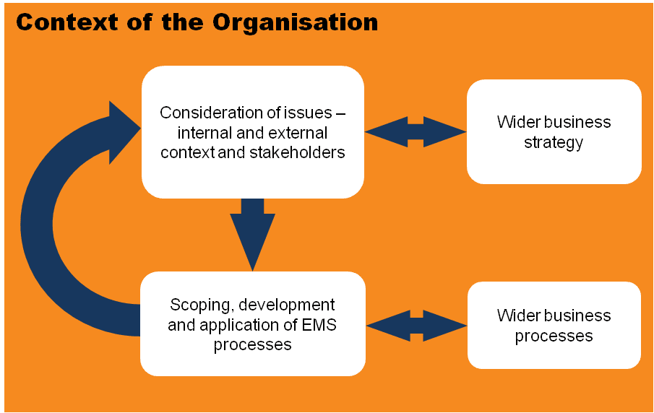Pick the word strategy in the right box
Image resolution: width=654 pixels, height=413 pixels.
point(554,142)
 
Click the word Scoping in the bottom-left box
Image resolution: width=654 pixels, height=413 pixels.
point(199,305)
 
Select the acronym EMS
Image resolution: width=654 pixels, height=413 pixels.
point(319,325)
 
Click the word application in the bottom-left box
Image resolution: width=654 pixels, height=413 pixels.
point(230,325)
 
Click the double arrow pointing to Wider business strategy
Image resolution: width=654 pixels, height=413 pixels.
point(416,131)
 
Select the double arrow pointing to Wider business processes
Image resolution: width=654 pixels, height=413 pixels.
point(416,324)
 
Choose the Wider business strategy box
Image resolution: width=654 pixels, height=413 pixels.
point(554,131)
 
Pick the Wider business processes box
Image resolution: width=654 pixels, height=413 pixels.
point(554,325)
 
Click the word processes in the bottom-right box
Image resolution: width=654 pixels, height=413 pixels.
point(554,336)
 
